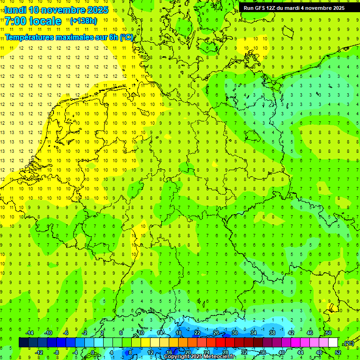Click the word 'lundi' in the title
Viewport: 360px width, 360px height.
coord(15,9)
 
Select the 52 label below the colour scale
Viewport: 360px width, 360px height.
coord(338,352)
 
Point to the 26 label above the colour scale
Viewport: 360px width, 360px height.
coord(216,333)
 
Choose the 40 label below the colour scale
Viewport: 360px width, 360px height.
coord(281,352)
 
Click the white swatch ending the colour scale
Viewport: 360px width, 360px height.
coord(333,343)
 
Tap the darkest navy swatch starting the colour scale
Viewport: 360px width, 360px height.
coord(23,343)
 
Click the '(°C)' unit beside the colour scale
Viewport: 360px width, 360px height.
coord(348,343)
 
